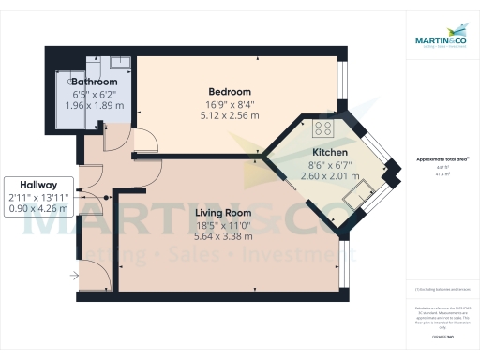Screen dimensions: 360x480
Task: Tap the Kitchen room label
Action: point(330,151)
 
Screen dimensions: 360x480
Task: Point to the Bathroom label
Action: point(95,82)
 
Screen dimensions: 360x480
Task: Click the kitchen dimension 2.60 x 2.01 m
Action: point(330,175)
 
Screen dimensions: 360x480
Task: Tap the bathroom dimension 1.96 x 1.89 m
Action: point(95,106)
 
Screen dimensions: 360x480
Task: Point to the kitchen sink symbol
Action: point(359,194)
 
